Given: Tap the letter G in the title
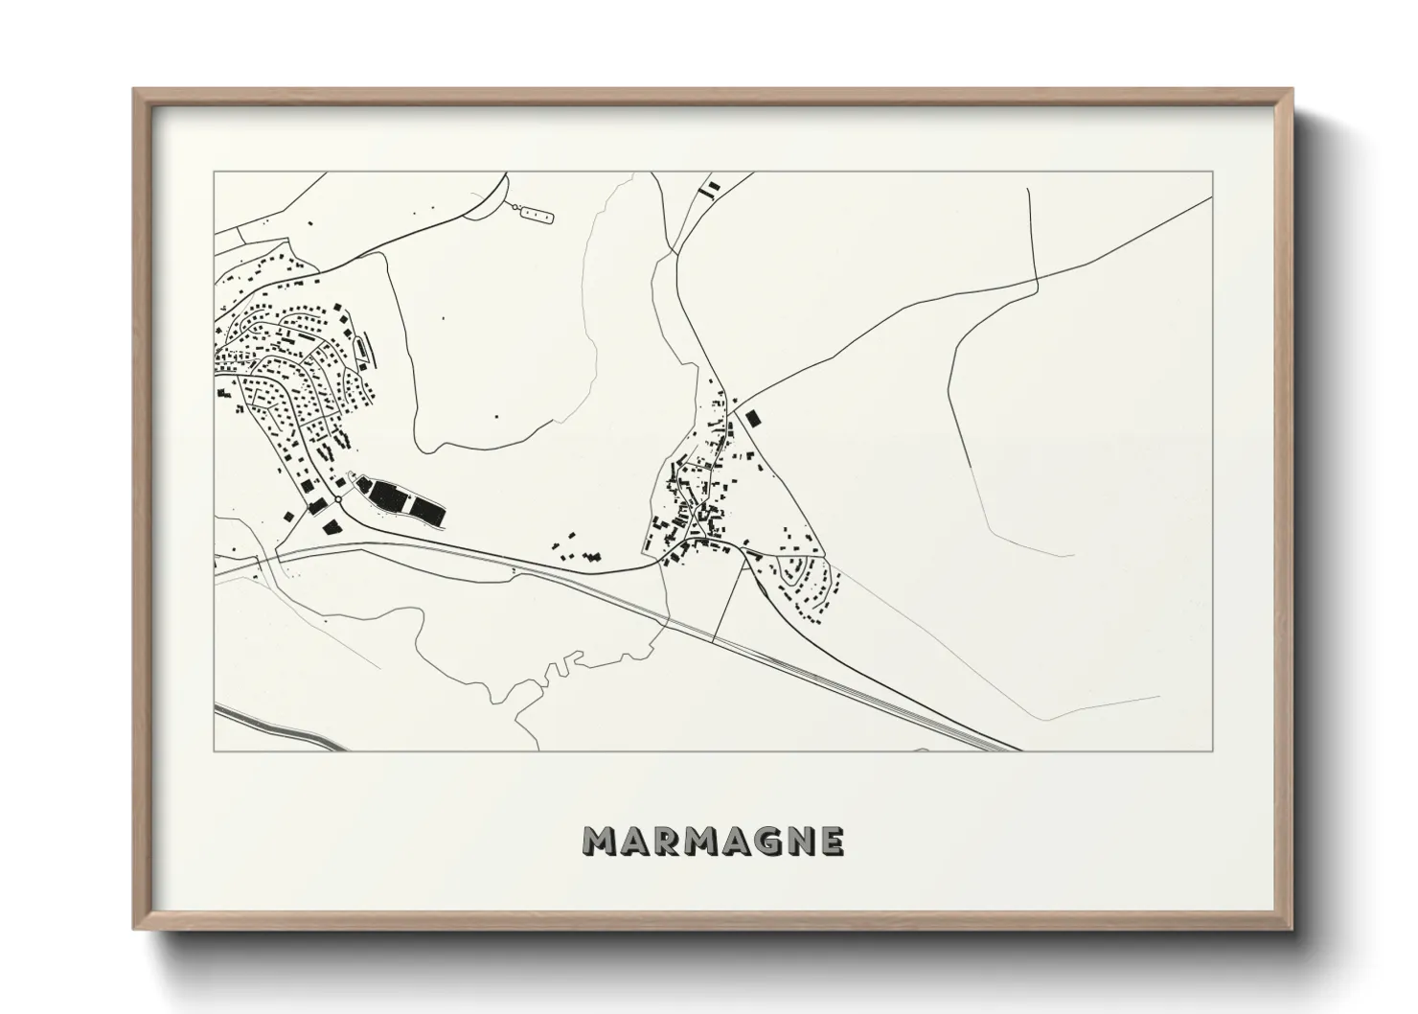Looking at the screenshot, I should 763,841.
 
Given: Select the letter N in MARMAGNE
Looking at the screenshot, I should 798,841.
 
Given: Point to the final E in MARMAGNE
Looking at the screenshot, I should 831,841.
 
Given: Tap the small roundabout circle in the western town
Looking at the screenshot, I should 339,499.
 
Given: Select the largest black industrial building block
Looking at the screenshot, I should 389,496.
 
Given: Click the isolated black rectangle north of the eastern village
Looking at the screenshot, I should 753,418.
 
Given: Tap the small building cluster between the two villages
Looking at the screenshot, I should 576,547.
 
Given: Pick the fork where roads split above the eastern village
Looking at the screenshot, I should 733,403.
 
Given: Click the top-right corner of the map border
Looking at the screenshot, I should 1212,173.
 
